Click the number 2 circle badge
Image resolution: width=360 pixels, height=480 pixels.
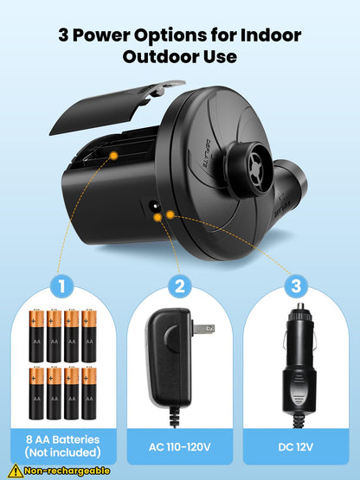[180, 285]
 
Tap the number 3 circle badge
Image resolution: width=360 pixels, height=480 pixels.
[297, 285]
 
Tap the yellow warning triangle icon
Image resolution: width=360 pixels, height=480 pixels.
[15, 470]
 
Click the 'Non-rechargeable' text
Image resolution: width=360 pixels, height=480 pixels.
[67, 470]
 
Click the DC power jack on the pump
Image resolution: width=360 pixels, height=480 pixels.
[155, 208]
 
